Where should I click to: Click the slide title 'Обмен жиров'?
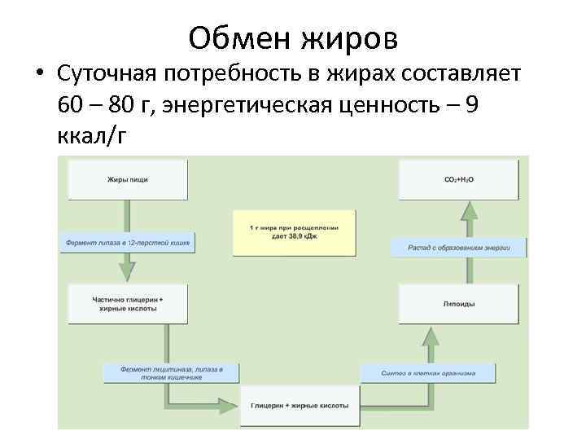[292, 36]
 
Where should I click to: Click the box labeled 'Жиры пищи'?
[128, 179]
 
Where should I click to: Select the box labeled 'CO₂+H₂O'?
[458, 179]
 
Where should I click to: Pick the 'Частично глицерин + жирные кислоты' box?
[128, 305]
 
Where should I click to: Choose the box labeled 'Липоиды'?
[458, 304]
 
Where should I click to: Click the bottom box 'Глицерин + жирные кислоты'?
[300, 405]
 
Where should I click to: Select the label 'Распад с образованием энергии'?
[457, 247]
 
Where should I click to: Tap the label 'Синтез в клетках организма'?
[428, 373]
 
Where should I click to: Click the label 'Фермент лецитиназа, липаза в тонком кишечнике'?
[172, 372]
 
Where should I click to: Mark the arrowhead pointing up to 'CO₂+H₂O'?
[469, 211]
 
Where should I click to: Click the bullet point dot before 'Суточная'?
[39, 75]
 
